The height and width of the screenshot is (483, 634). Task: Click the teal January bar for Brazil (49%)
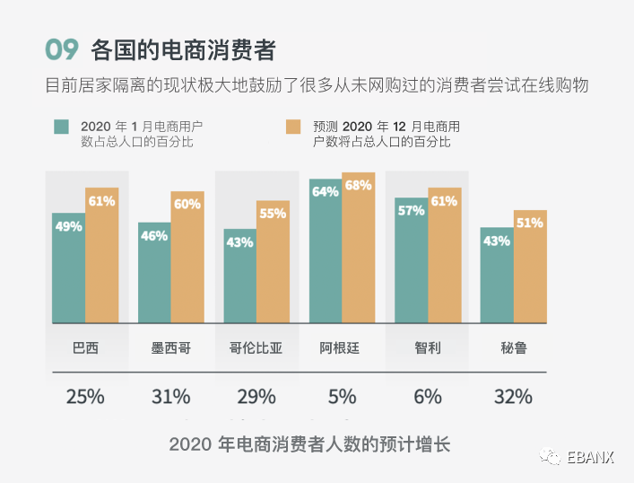click(x=68, y=269)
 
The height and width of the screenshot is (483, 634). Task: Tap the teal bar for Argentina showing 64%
click(x=326, y=251)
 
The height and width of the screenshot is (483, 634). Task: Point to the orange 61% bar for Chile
click(x=444, y=256)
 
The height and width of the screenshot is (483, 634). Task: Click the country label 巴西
click(x=85, y=347)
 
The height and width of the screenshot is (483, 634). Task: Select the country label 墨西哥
click(x=170, y=347)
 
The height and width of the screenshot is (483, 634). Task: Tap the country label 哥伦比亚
click(x=256, y=347)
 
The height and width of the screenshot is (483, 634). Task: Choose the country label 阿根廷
click(x=342, y=347)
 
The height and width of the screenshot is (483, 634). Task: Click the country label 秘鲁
click(x=513, y=347)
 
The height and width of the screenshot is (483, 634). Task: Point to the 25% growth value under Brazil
click(x=85, y=396)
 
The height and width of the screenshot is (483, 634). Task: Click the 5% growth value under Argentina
click(x=342, y=396)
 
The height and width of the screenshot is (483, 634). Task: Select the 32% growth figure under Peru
click(x=513, y=396)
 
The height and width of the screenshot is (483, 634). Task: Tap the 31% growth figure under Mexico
click(x=170, y=396)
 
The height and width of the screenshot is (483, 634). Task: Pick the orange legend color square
click(x=292, y=127)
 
